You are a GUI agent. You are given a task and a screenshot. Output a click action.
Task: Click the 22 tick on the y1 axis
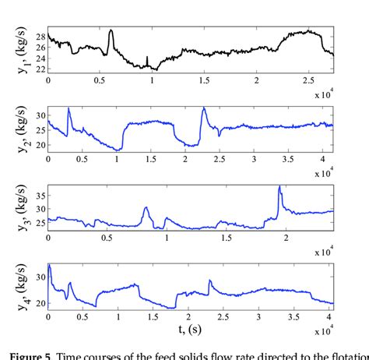[x=39, y=70]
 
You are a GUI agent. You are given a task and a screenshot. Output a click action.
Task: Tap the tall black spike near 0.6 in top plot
[x=111, y=32]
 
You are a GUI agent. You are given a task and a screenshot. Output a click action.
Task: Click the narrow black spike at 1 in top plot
[x=147, y=58]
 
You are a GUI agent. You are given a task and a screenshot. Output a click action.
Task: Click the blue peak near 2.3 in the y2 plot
[x=204, y=109]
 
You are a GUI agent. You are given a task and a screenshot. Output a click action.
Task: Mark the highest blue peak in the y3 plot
[x=279, y=187]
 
